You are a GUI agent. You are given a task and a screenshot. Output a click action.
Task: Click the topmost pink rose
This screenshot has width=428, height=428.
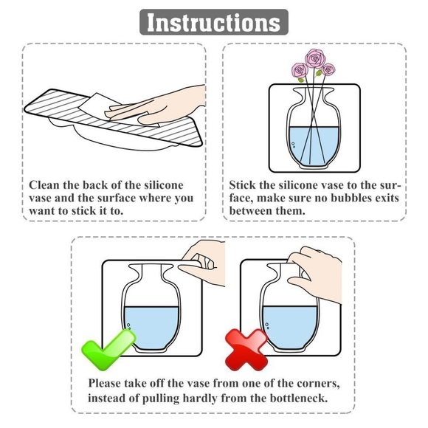click(315, 58)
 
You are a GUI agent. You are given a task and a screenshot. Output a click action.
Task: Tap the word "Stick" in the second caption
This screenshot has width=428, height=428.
click(244, 184)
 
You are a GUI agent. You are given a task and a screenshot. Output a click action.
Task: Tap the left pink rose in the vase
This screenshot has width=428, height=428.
click(298, 72)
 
